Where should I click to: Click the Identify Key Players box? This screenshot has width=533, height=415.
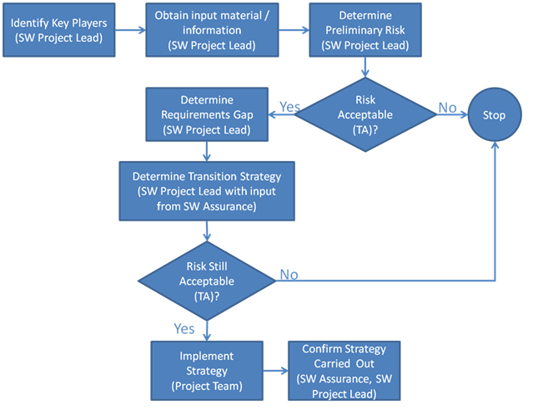pyautogui.click(x=59, y=30)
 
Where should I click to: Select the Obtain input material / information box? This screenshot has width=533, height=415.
pyautogui.click(x=212, y=30)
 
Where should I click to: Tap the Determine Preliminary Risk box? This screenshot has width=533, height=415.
pyautogui.click(x=365, y=30)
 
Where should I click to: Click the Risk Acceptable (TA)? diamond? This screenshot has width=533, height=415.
pyautogui.click(x=365, y=114)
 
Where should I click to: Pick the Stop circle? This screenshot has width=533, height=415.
pyautogui.click(x=495, y=114)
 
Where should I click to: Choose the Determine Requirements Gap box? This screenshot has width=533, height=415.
pyautogui.click(x=207, y=114)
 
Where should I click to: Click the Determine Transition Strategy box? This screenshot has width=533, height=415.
pyautogui.click(x=207, y=191)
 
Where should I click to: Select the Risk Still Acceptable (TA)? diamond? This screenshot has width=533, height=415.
pyautogui.click(x=207, y=281)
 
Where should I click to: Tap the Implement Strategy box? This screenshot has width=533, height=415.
pyautogui.click(x=207, y=371)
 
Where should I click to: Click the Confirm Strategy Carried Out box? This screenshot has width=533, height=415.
pyautogui.click(x=344, y=371)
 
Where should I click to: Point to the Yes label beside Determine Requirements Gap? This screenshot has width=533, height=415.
pyautogui.click(x=289, y=107)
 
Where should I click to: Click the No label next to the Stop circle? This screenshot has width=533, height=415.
pyautogui.click(x=447, y=108)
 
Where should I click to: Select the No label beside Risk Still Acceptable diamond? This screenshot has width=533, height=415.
pyautogui.click(x=289, y=275)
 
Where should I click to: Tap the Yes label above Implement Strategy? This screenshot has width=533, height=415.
pyautogui.click(x=184, y=329)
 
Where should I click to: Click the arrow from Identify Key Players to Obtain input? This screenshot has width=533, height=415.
pyautogui.click(x=130, y=30)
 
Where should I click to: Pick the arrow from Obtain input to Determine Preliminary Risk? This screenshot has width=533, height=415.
pyautogui.click(x=294, y=30)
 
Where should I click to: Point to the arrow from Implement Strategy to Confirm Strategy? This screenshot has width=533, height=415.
pyautogui.click(x=276, y=371)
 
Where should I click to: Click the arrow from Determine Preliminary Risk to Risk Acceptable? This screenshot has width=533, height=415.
pyautogui.click(x=365, y=67)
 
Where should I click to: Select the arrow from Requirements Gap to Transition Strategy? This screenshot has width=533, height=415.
pyautogui.click(x=207, y=151)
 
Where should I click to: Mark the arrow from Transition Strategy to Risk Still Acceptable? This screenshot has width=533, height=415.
pyautogui.click(x=207, y=231)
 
